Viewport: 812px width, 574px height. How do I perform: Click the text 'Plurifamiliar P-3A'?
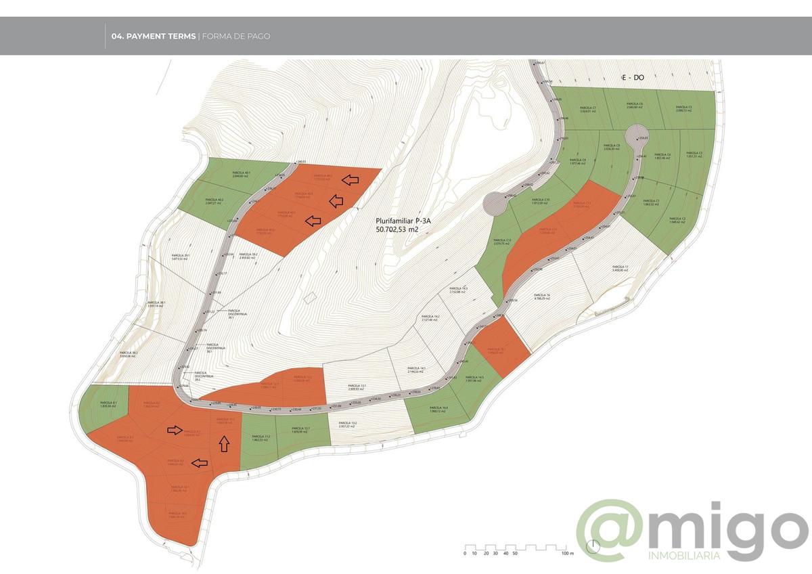point(403,221)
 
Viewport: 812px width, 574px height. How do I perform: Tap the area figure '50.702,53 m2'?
point(403,230)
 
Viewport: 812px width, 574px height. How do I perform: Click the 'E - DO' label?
point(633,79)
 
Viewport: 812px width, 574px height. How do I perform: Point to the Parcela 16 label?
point(543,296)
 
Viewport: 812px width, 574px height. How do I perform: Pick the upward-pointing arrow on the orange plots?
point(223,443)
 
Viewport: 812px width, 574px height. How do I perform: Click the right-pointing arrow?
point(175,429)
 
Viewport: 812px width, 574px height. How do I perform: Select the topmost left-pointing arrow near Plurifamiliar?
point(351,179)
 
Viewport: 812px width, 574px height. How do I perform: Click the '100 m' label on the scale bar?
point(567,553)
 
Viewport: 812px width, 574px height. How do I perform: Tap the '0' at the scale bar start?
point(466,553)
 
